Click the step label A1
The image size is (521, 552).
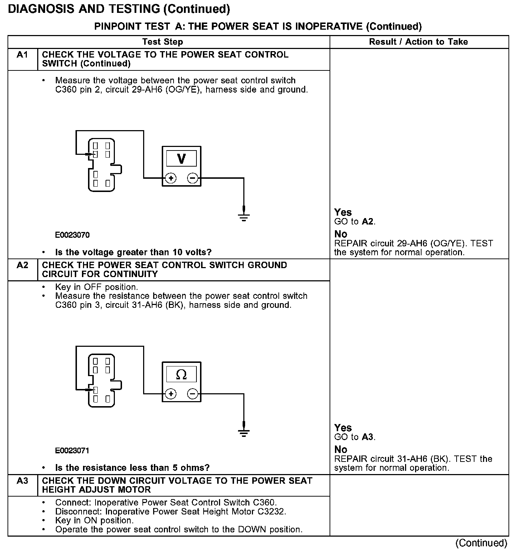22,55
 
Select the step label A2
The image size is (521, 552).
22,265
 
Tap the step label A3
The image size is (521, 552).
22,481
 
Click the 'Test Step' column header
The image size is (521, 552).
162,42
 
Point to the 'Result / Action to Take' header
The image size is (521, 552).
418,42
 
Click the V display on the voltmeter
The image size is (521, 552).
181,158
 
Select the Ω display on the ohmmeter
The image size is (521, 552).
181,374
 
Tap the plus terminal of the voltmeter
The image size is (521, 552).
171,178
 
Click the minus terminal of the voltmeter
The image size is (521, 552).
193,178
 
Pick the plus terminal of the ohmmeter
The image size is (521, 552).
171,394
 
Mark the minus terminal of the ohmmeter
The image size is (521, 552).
193,394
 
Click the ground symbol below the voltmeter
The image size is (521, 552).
244,216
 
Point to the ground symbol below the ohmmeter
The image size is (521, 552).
244,432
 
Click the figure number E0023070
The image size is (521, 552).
72,235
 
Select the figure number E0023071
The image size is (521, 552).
72,451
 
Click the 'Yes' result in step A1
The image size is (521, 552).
343,212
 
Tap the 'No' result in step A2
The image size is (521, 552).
341,449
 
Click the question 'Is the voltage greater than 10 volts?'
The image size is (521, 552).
133,252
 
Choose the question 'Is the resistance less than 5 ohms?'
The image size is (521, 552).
132,468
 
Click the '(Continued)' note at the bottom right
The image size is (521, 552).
481,543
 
